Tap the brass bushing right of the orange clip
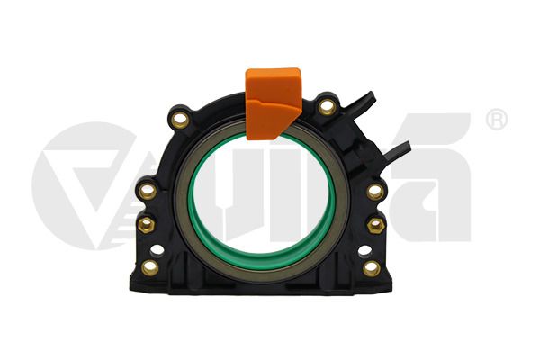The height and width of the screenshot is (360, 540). (327, 107)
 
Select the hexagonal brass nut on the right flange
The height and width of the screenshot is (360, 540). (377, 224)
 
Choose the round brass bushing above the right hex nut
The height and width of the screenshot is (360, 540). (374, 191)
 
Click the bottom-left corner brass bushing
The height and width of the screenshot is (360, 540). (150, 266)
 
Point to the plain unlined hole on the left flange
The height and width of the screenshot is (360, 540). (157, 250)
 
